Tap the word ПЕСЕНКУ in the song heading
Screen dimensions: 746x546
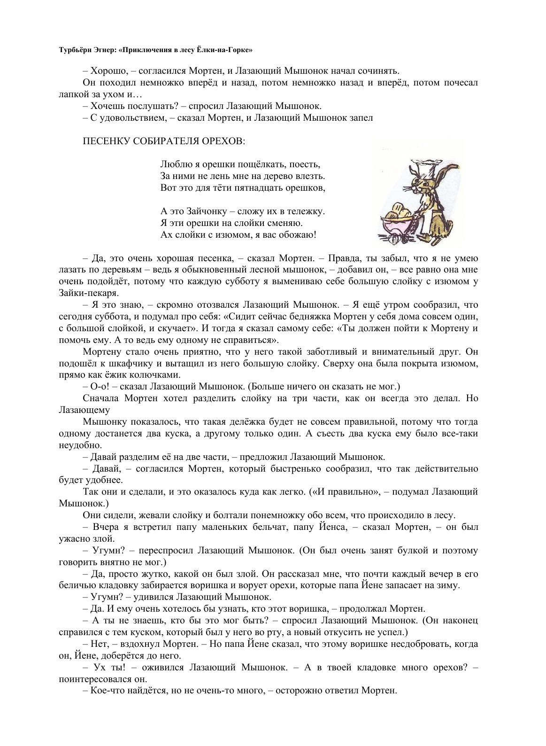tap(105, 141)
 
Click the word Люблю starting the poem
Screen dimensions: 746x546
tap(172, 164)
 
